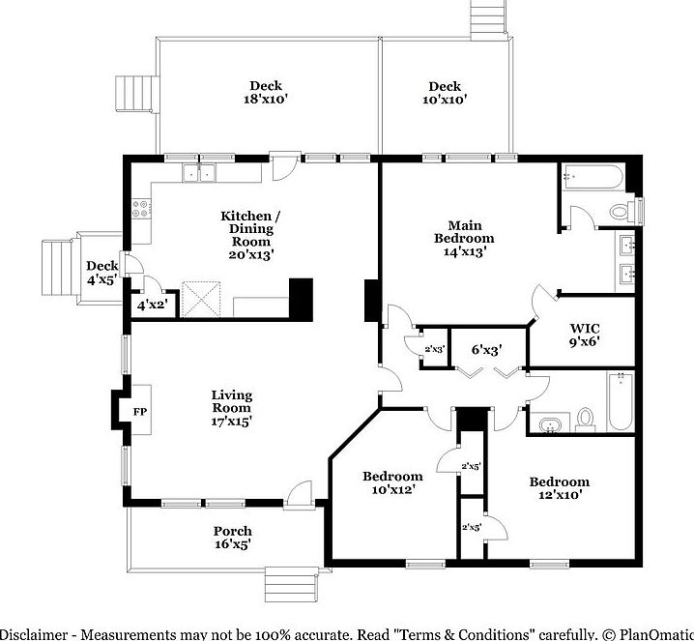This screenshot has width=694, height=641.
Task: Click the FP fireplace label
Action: point(138,412)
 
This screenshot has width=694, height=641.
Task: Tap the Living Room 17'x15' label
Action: point(232,408)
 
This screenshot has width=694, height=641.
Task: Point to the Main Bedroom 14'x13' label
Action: point(464,237)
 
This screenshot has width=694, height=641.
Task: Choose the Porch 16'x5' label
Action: point(232,538)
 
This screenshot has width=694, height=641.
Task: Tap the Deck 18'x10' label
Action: point(266,92)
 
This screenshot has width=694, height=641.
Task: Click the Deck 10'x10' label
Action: point(445,92)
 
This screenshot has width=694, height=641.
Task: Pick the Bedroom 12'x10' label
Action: point(559,488)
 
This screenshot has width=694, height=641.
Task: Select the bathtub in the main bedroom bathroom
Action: point(592,177)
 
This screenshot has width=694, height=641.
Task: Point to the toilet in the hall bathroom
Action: point(585,418)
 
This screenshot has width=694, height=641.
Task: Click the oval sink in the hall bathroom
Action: point(550,422)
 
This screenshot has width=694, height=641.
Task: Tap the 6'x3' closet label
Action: point(486,349)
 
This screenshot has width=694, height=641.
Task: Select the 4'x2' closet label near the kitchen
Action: point(152,306)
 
